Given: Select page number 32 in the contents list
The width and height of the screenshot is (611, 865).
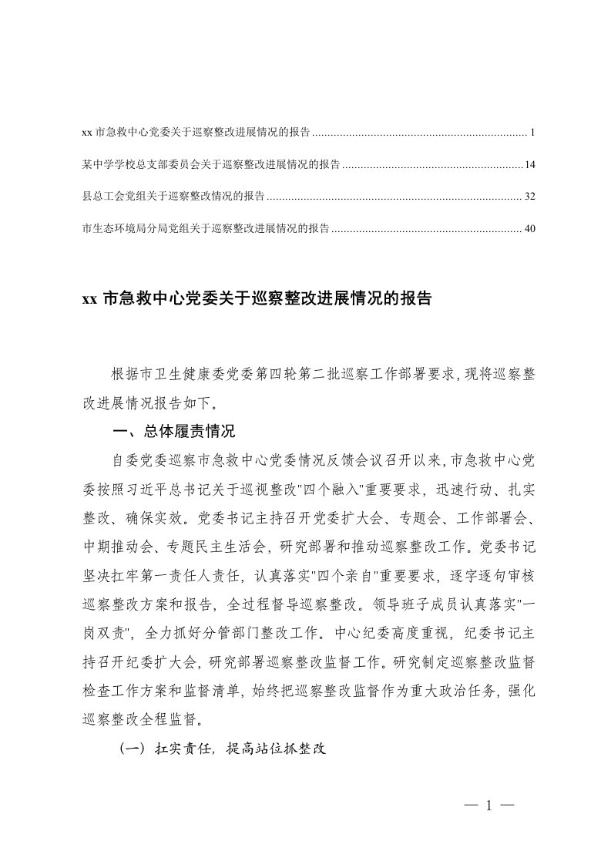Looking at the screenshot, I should tap(529, 197).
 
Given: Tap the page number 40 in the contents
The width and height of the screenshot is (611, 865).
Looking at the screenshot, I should tap(529, 228).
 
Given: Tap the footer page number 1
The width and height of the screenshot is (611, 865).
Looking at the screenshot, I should tap(489, 806).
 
